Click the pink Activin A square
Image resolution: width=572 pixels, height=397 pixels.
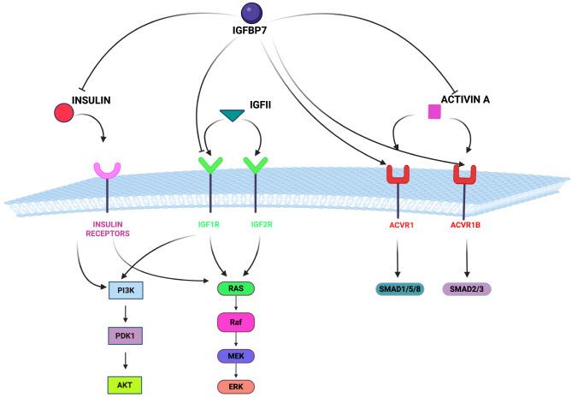[434, 110]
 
